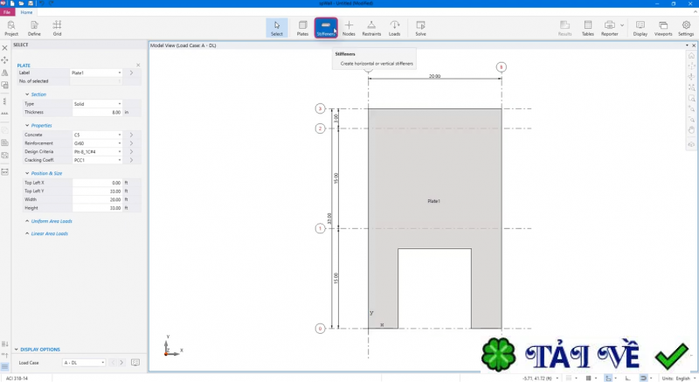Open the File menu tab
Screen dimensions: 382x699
coord(8,12)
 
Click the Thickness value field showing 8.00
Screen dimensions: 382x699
coord(97,113)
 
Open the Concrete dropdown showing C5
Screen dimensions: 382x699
coord(97,135)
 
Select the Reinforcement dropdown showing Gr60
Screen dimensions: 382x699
coord(97,143)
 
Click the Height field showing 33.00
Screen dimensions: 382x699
coord(97,207)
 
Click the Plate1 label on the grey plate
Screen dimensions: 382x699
coord(433,201)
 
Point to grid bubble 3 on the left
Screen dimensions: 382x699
coord(321,109)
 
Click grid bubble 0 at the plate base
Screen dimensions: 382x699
coord(321,329)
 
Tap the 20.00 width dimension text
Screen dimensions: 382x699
coord(434,76)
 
